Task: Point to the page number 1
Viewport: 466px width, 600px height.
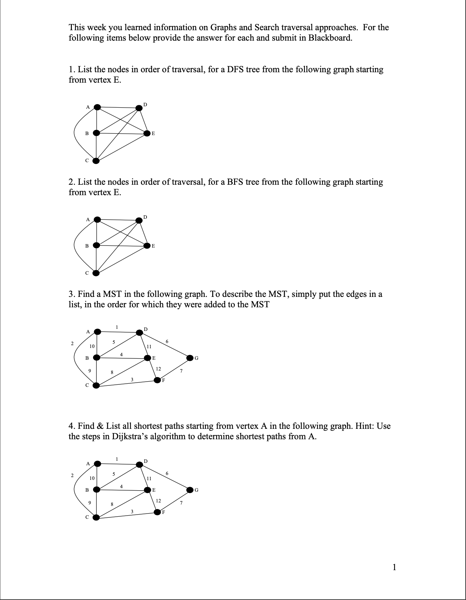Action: coord(394,567)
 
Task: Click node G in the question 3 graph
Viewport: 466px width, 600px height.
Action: coord(190,358)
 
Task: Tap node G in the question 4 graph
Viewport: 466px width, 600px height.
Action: coord(190,490)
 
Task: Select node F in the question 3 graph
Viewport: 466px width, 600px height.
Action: coord(158,380)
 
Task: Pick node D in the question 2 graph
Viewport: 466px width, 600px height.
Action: coord(139,220)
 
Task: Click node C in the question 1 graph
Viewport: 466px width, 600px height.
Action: coord(96,161)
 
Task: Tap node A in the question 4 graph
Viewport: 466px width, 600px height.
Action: coord(98,464)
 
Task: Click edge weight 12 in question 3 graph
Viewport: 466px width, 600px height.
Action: coord(158,369)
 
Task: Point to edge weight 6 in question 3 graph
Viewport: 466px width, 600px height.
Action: coord(167,342)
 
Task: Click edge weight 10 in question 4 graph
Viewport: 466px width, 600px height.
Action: coord(92,478)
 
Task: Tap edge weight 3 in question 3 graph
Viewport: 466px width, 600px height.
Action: coord(132,380)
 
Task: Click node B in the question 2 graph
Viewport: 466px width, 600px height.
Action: coord(96,245)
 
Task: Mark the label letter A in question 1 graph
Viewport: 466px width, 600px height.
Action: coord(88,107)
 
